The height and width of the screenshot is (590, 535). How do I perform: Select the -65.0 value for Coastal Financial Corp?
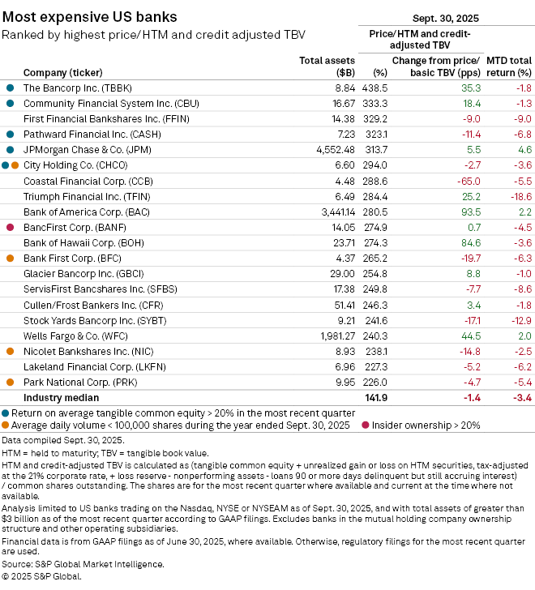(x=468, y=181)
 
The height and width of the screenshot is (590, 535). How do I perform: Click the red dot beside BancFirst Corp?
(x=10, y=228)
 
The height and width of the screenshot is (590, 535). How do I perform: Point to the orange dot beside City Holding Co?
(x=15, y=165)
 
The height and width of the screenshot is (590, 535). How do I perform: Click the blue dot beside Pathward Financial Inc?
(x=10, y=135)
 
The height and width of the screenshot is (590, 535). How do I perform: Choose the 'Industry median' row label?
(x=62, y=398)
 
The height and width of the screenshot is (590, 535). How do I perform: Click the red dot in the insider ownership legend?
(x=365, y=424)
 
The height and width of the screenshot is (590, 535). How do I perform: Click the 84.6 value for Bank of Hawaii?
(x=469, y=242)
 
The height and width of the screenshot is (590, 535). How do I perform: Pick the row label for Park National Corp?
(x=70, y=382)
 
